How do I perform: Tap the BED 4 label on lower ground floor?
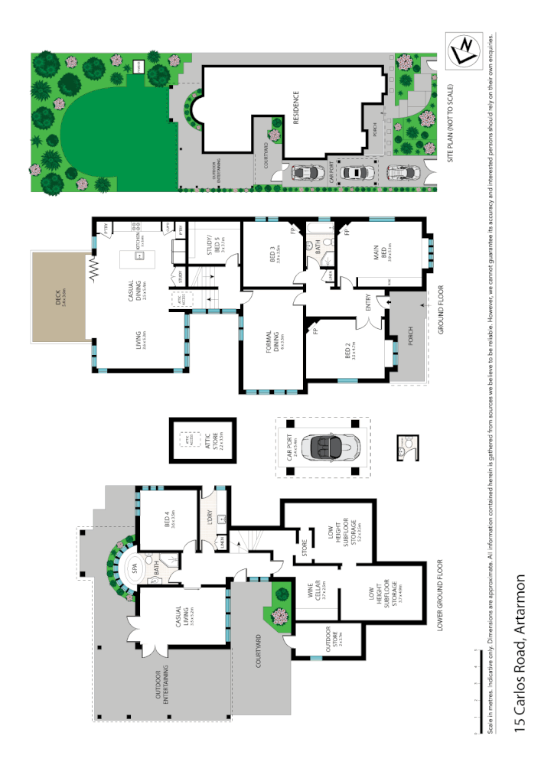coord(171,520)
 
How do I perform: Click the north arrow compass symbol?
coord(464,50)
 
